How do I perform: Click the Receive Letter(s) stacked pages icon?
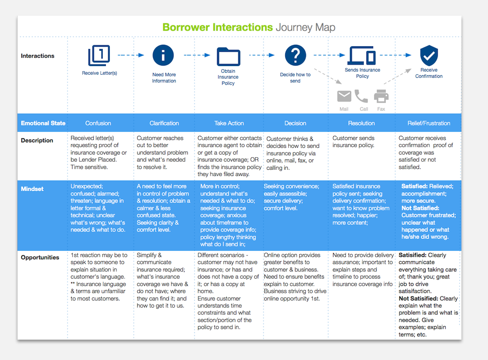pos(99,55)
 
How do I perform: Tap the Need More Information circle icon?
pos(163,55)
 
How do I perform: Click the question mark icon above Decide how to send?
pos(295,55)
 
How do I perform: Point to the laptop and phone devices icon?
pos(362,55)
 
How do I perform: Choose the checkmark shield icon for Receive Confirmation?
pos(429,55)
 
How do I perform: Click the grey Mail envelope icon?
pos(344,96)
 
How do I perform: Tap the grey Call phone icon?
pos(362,96)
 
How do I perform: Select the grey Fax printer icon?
pos(381,96)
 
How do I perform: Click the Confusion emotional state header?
pos(98,123)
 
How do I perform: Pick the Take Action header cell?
pos(229,123)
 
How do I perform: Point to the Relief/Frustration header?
pos(429,123)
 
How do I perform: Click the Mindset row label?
pos(32,189)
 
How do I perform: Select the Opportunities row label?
pos(40,258)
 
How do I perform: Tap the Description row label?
pos(37,140)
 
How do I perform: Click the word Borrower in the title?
pos(185,27)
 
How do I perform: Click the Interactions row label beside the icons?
pos(38,56)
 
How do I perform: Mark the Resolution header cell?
pos(361,123)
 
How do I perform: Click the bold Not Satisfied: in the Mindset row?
pos(420,208)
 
